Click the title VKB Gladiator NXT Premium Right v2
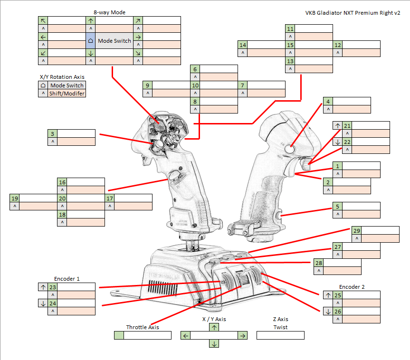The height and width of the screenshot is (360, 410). pyautogui.click(x=353, y=13)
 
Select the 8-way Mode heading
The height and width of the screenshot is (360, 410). pyautogui.click(x=109, y=12)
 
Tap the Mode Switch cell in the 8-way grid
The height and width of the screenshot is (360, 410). pyautogui.click(x=114, y=41)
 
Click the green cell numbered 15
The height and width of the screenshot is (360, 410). pyautogui.click(x=290, y=45)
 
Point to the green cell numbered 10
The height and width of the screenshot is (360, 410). pyautogui.click(x=195, y=85)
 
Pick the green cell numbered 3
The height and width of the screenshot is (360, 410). pyautogui.click(x=52, y=133)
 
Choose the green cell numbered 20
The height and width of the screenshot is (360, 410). pyautogui.click(x=62, y=198)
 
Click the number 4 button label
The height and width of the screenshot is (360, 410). pyautogui.click(x=328, y=101)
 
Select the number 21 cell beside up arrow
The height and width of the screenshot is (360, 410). pyautogui.click(x=347, y=125)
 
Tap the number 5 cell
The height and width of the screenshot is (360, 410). pyautogui.click(x=337, y=206)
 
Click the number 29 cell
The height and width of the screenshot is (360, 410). pyautogui.click(x=356, y=230)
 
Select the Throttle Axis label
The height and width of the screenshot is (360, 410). pyautogui.click(x=143, y=327)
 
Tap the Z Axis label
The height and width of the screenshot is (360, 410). pyautogui.click(x=280, y=319)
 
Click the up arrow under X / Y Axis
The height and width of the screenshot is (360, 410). pyautogui.click(x=214, y=327)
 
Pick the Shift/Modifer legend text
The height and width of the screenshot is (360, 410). pyautogui.click(x=67, y=94)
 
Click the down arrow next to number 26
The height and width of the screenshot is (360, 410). pyautogui.click(x=328, y=312)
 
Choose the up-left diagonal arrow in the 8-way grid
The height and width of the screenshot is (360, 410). pyautogui.click(x=43, y=20)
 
